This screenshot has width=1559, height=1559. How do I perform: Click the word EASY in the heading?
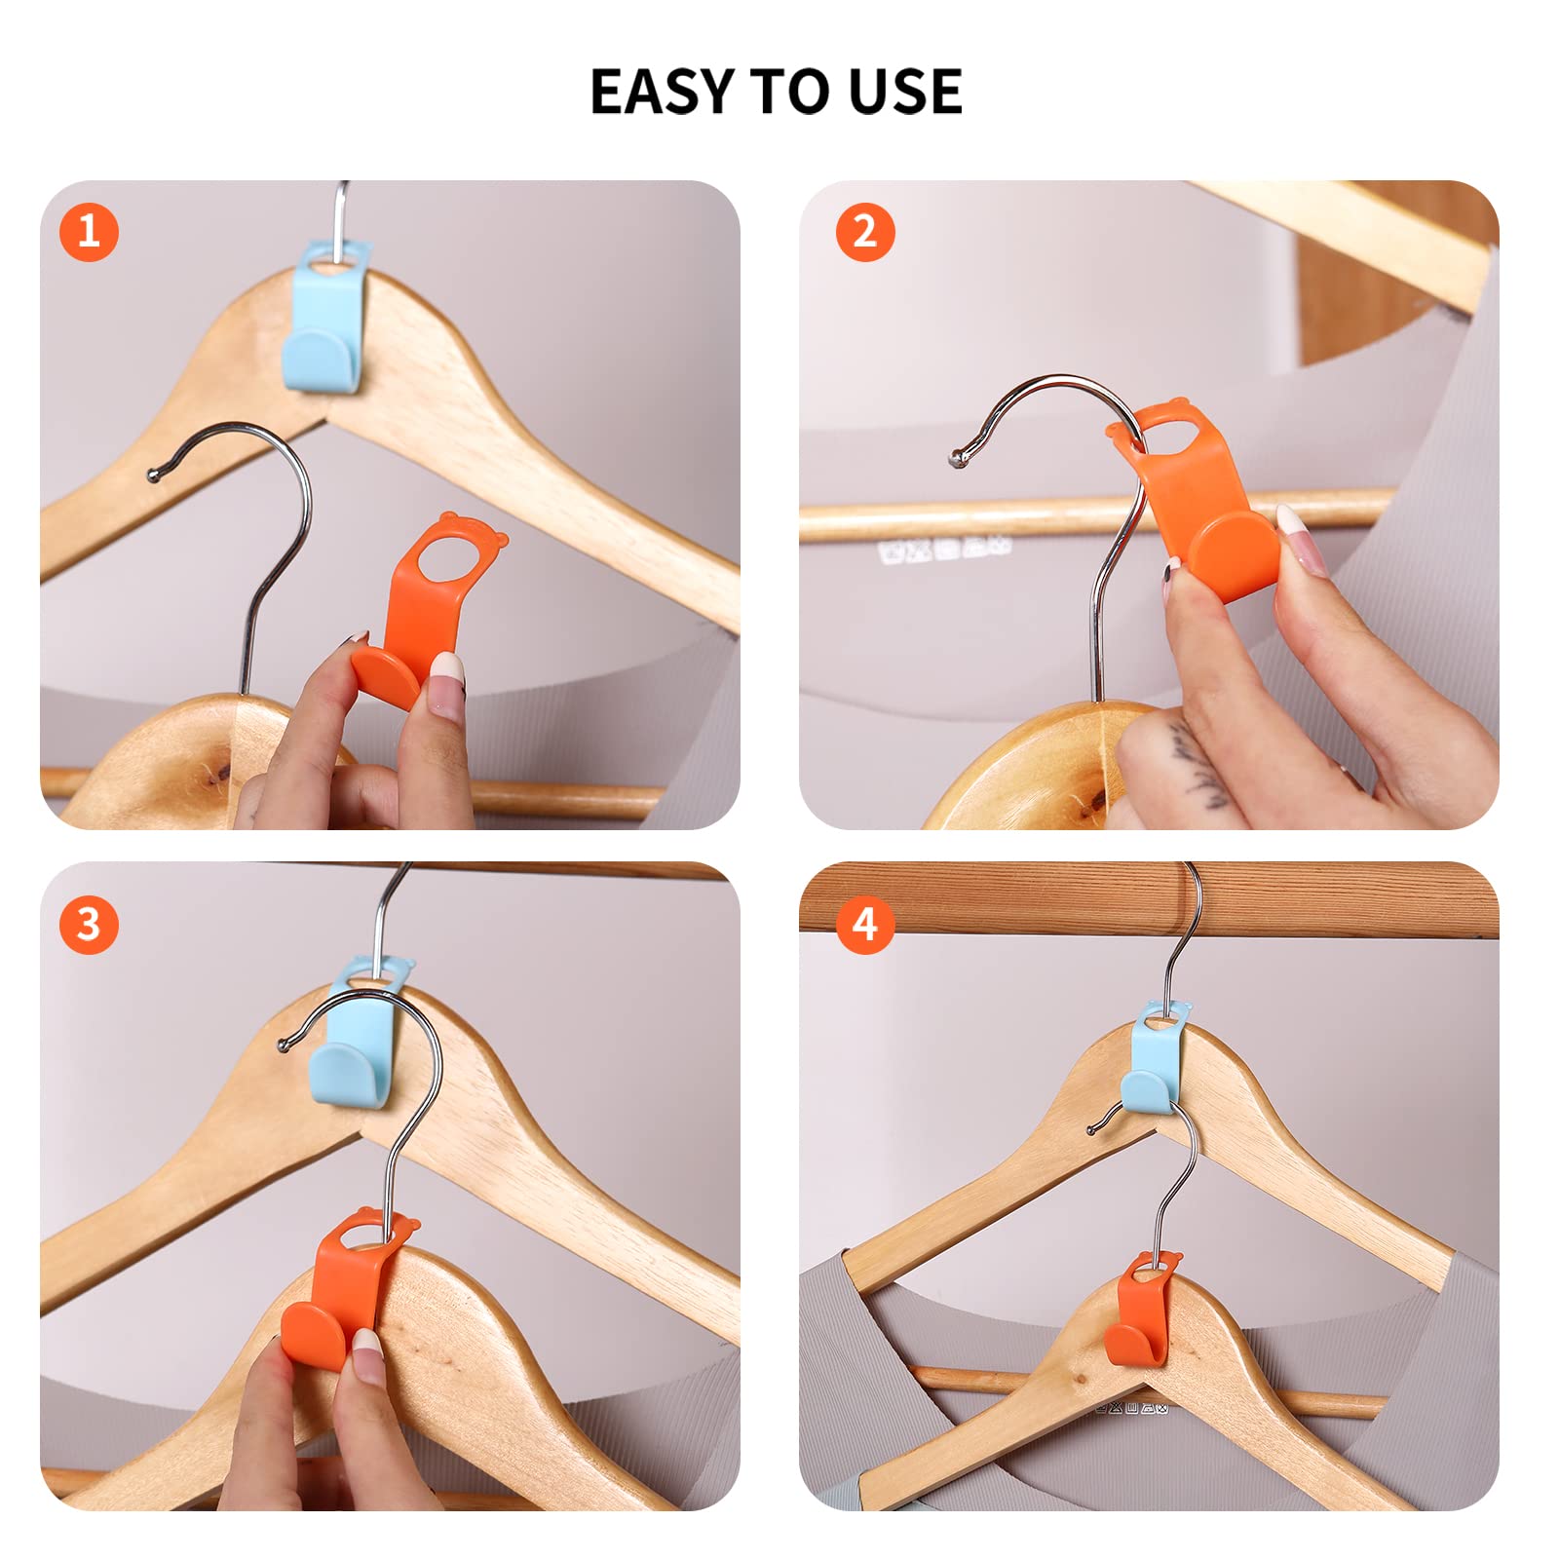coord(663,92)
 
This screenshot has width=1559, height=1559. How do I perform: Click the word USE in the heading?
coord(904,92)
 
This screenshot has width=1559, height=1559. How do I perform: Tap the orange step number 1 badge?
coord(89,232)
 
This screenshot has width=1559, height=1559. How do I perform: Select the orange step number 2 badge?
coord(865,232)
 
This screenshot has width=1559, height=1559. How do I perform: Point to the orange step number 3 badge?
coord(89,924)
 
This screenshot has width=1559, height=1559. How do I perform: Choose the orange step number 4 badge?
coord(865,924)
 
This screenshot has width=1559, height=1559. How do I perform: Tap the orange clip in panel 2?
coord(1203,507)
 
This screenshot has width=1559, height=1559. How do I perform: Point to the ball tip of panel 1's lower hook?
coord(153,475)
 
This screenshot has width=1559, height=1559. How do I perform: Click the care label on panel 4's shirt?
coord(1130,1407)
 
